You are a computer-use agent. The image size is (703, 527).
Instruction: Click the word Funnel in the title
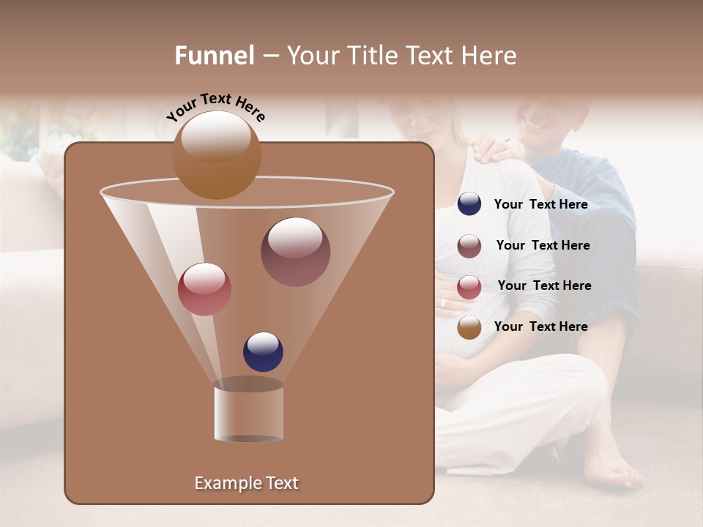coord(214,56)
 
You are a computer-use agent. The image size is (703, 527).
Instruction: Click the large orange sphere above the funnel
coord(216,155)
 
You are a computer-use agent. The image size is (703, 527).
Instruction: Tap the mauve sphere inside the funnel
coord(295,252)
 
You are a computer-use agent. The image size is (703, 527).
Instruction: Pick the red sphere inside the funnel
coord(204,289)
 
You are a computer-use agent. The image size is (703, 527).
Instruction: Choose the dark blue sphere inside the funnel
coord(263,352)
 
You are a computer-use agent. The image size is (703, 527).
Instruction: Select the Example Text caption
coord(246,483)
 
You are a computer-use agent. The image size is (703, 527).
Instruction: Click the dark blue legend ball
coord(469,204)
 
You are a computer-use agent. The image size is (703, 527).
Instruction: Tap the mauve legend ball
coord(469,246)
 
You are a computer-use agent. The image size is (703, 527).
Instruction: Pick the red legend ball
coord(469,287)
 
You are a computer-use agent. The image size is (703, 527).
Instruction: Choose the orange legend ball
coord(469,327)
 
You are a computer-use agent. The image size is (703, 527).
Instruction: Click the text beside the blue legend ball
coord(540,204)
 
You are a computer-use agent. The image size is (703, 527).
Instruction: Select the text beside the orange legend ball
coord(540,326)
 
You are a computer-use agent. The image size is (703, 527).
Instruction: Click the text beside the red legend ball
coord(544,285)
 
